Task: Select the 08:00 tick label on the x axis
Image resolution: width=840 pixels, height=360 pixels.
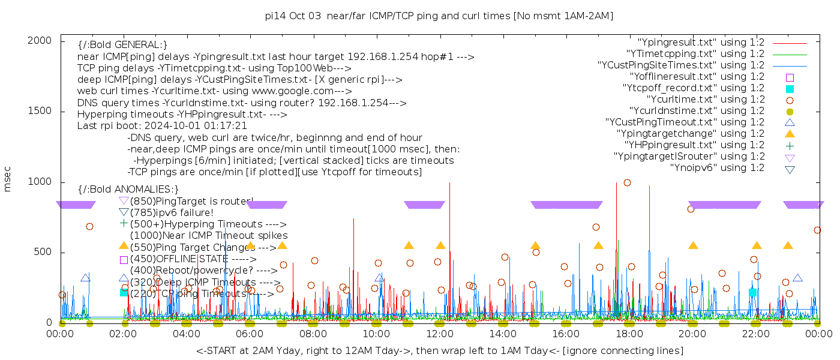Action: coord(313,334)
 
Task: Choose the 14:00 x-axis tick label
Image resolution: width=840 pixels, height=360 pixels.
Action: coord(503,334)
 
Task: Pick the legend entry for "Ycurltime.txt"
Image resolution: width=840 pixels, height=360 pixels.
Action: coord(705,100)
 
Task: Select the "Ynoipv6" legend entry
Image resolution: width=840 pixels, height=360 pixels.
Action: coord(717,168)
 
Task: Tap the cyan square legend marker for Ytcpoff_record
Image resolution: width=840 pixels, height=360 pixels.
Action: coord(790,89)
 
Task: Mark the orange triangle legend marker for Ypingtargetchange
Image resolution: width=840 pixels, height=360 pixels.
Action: coord(790,134)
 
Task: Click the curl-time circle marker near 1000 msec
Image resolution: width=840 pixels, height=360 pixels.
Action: coord(627,183)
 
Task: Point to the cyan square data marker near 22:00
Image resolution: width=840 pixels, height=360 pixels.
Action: coord(752,292)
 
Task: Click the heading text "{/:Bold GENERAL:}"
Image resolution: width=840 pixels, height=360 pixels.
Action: coord(122,45)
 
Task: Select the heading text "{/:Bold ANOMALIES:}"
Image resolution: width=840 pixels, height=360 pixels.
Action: coord(128,190)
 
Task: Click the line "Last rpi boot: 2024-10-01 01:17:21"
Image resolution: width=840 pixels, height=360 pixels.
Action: coord(162,126)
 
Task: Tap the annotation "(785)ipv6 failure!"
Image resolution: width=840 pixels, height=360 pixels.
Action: coord(172,212)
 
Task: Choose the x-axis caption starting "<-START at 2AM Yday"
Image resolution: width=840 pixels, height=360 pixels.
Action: coord(439,350)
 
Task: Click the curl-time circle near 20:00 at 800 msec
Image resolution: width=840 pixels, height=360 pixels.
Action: coord(691,209)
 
